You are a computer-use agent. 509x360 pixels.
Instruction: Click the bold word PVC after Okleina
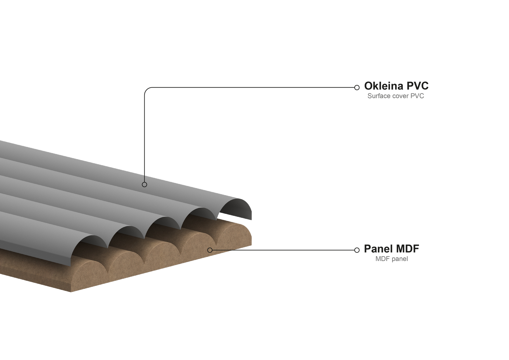(417, 86)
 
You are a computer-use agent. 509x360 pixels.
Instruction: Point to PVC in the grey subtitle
(417, 96)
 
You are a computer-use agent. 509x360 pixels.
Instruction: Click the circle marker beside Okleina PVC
(357, 88)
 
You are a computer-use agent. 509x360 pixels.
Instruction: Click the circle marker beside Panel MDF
(357, 250)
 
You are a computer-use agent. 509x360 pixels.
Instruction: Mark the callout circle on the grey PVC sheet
(144, 184)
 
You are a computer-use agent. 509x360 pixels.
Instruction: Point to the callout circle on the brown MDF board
(210, 250)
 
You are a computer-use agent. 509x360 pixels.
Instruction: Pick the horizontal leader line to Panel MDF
(283, 250)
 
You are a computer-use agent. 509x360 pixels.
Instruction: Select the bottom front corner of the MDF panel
(71, 292)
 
